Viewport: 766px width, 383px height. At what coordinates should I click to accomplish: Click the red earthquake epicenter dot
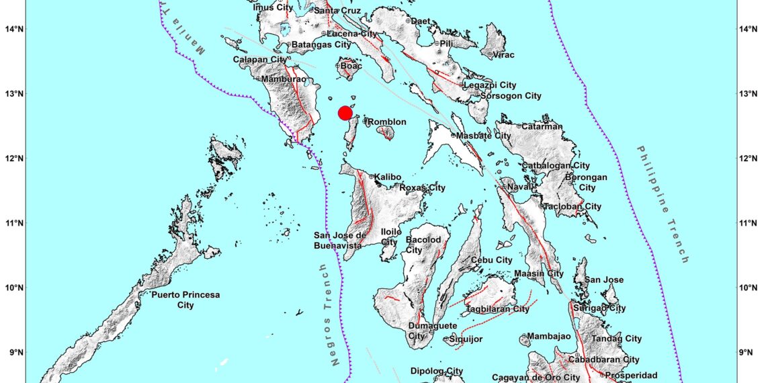[345, 112]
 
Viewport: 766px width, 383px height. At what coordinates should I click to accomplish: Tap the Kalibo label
[388, 177]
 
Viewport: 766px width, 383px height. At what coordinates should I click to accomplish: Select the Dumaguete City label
[427, 331]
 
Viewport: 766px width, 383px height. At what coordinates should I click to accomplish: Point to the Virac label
[504, 55]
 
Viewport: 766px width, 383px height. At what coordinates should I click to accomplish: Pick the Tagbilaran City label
[497, 309]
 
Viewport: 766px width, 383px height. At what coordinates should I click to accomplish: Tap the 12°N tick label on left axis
[14, 159]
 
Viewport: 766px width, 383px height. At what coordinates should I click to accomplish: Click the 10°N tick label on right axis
[750, 288]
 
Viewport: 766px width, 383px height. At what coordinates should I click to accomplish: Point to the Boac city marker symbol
[337, 66]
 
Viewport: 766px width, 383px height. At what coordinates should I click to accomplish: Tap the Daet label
[420, 22]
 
